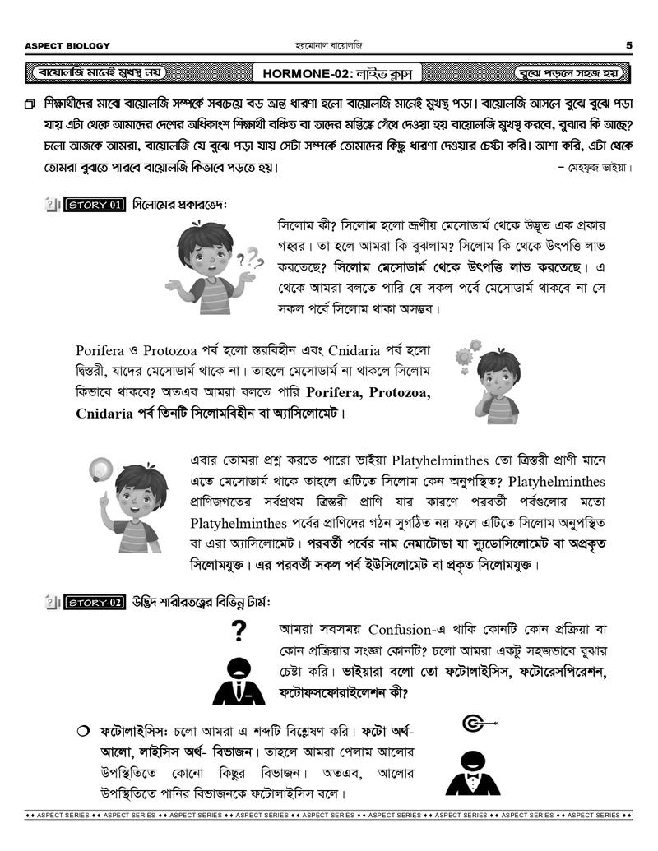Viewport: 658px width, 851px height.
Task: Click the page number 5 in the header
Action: (628, 45)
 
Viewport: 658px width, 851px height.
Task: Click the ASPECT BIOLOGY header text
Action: (67, 45)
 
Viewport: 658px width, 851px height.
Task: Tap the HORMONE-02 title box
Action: (341, 74)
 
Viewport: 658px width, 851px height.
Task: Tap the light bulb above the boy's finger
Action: (101, 469)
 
